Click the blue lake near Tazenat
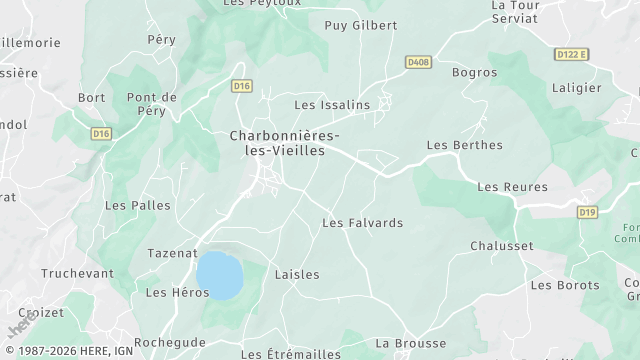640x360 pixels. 219,275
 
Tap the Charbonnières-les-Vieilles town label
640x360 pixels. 284,143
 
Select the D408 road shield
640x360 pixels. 418,62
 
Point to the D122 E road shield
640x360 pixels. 572,54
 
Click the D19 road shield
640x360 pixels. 587,212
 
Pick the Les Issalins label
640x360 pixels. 332,104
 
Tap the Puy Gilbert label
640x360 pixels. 361,25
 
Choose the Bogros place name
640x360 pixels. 474,72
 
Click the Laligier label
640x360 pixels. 576,87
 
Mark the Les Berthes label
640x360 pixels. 464,145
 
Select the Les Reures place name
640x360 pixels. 512,187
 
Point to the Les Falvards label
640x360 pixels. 362,223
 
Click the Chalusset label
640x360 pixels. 502,245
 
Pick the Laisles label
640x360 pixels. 297,274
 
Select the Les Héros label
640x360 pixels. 177,292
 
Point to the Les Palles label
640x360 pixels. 138,205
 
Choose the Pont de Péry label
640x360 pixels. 152,104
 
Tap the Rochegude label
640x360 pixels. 170,342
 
